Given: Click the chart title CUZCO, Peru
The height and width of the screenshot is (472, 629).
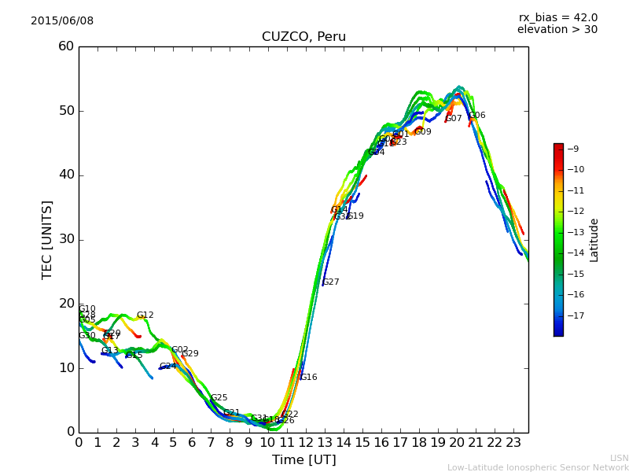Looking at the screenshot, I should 303,37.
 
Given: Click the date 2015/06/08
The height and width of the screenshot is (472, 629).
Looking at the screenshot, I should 62,20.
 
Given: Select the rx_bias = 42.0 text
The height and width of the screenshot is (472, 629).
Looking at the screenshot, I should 557,17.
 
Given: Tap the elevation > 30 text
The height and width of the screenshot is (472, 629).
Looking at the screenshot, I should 557,30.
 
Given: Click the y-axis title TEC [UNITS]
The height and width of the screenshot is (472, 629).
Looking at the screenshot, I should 47,239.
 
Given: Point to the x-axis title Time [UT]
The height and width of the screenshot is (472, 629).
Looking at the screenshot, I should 303,460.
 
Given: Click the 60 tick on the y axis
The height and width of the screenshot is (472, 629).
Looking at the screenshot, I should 66,46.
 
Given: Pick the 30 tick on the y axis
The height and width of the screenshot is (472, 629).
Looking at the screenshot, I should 66,239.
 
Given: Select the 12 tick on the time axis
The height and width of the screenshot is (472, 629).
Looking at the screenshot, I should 305,443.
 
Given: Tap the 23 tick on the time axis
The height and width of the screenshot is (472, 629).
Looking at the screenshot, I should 513,443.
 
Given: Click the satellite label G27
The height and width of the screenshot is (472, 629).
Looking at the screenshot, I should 331,282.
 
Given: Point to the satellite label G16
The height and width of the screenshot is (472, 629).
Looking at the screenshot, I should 309,378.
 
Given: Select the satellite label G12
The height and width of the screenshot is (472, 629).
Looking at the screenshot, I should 145,315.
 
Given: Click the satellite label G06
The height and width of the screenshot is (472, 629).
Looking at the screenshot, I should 477,116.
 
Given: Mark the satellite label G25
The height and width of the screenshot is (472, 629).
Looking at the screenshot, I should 219,398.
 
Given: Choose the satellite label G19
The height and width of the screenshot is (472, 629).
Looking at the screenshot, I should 355,216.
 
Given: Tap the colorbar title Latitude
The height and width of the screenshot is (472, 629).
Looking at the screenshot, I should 594,240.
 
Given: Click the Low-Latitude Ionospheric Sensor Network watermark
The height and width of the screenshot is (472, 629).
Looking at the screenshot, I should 538,467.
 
